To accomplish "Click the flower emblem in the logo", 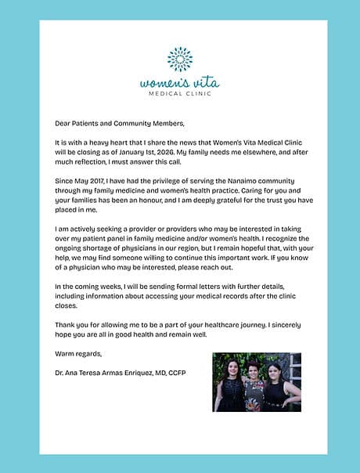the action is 180,60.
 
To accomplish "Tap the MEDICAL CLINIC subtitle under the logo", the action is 180,93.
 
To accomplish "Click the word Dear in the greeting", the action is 63,124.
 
